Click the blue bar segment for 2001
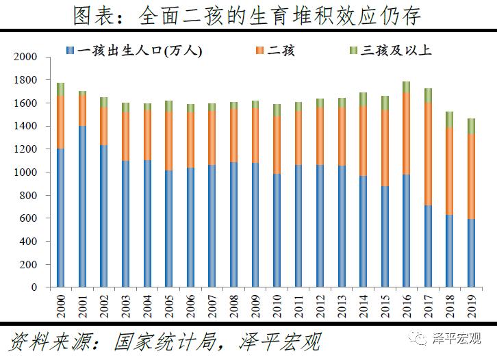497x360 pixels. click(83, 207)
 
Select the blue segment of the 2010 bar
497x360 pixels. click(277, 231)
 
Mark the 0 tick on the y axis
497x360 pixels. click(34, 287)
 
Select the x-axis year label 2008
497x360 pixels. click(234, 303)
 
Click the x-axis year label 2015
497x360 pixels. click(385, 303)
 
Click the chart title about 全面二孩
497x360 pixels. click(248, 15)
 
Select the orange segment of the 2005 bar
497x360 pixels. click(169, 140)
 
